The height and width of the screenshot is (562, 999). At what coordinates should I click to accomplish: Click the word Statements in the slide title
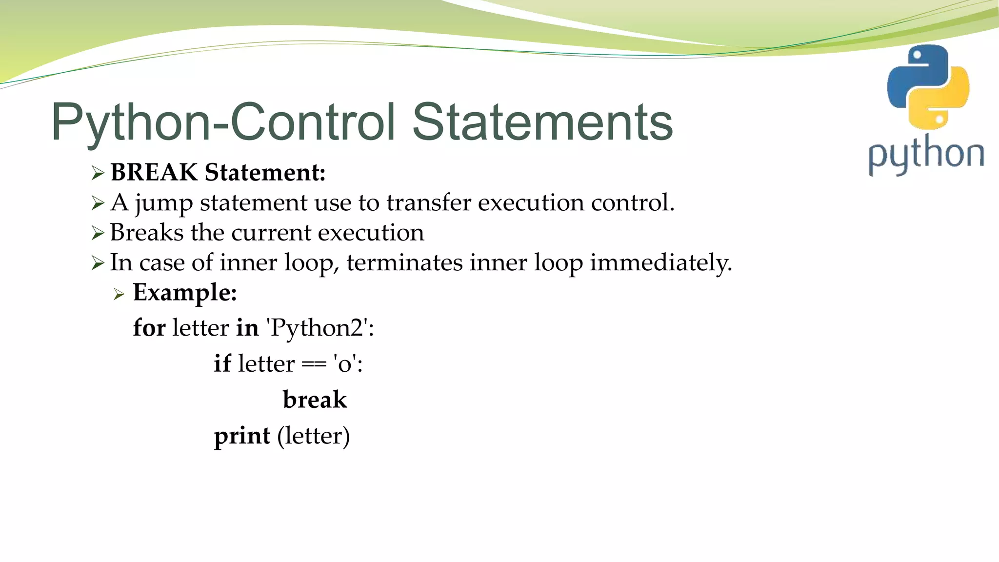(x=542, y=122)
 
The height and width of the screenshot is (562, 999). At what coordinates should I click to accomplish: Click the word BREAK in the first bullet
(x=154, y=173)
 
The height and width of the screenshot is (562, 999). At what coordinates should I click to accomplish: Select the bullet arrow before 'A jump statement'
(x=98, y=203)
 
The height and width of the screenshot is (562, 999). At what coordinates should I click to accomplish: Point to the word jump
(x=163, y=203)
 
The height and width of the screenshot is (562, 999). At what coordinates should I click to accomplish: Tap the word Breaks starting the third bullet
(x=146, y=233)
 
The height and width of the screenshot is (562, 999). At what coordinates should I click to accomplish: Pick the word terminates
(x=404, y=263)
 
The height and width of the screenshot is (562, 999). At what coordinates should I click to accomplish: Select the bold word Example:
(x=185, y=293)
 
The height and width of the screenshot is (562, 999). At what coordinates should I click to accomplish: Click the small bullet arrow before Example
(x=119, y=294)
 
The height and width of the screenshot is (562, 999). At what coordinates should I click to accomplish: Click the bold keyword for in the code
(x=149, y=327)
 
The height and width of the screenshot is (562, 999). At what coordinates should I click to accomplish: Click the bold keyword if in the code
(x=222, y=363)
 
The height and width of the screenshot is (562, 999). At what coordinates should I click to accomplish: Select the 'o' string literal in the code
(x=345, y=363)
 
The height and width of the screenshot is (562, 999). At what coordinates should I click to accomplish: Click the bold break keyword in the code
(x=315, y=400)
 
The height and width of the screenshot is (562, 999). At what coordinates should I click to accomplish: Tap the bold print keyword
(x=242, y=436)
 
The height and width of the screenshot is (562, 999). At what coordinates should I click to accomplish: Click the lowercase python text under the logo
(x=926, y=155)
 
